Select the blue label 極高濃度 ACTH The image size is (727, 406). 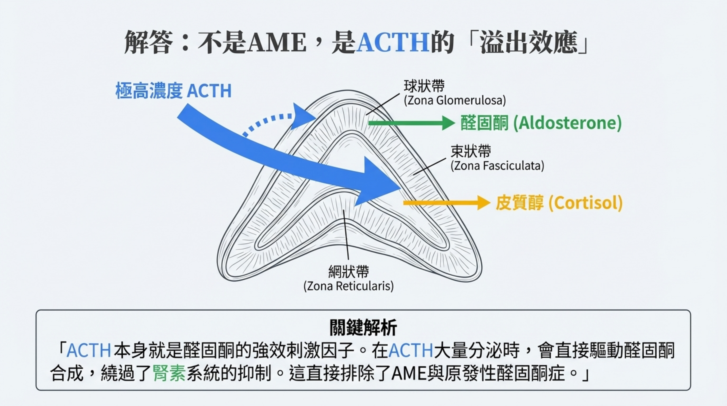click(173, 91)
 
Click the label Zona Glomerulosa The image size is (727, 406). click(455, 100)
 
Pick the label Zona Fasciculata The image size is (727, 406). click(497, 166)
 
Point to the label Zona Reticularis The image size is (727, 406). click(348, 286)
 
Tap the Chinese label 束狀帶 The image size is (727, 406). click(470, 151)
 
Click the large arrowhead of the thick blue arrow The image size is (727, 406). click(380, 181)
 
